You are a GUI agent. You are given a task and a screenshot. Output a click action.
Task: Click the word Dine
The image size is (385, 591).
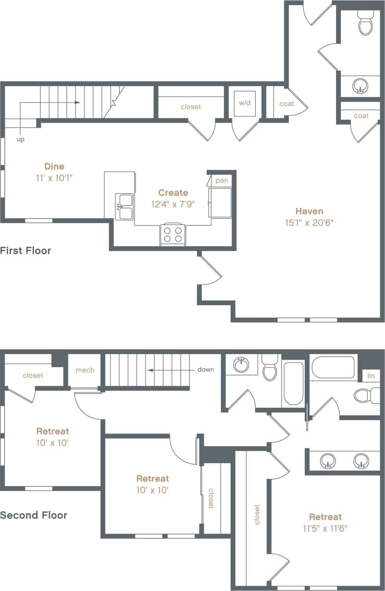[54, 166]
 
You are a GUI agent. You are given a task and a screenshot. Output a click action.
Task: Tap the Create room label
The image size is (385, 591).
[173, 193]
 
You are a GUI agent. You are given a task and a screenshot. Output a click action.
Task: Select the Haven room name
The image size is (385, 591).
[309, 211]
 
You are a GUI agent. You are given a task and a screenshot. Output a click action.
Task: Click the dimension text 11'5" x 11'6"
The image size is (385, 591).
[325, 528]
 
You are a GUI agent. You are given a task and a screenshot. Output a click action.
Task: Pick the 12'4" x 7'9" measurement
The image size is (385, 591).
[173, 204]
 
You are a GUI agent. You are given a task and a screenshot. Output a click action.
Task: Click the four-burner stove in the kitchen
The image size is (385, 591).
[173, 235]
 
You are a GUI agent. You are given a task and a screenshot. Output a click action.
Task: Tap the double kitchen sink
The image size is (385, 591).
[124, 206]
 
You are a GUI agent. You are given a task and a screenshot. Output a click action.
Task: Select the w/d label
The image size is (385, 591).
[245, 103]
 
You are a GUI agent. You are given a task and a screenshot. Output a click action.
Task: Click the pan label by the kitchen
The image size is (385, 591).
[222, 180]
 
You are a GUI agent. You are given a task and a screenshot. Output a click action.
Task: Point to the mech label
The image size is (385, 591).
[85, 370]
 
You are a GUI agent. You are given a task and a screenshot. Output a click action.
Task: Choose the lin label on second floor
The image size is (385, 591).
[371, 376]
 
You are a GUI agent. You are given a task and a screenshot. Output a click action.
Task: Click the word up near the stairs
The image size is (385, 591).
[20, 139]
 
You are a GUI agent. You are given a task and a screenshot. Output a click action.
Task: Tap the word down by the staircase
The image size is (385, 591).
[205, 370]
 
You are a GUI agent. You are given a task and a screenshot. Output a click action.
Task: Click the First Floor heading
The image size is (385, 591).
[25, 251]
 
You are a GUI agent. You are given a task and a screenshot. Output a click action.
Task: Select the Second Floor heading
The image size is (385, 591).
[34, 515]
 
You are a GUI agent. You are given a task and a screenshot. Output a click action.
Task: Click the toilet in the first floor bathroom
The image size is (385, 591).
[366, 24]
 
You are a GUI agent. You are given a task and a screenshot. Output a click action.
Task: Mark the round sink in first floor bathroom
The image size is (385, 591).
[360, 87]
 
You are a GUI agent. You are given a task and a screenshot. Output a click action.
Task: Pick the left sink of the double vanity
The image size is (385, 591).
[328, 461]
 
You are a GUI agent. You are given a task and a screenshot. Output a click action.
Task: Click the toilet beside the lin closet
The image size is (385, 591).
[362, 396]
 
